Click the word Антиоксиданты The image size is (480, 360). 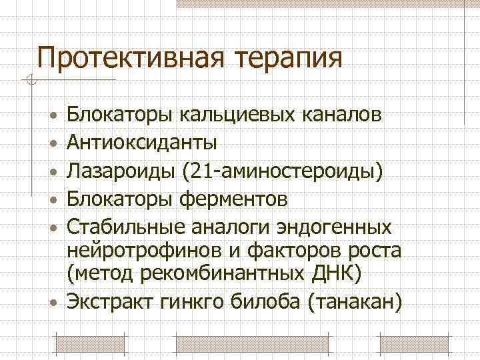[141, 143]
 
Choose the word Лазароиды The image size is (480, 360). [122, 171]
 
